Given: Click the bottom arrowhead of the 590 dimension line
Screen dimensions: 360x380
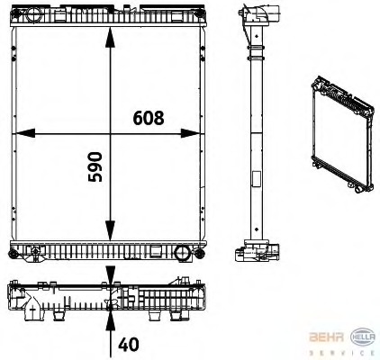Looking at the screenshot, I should click(109, 232).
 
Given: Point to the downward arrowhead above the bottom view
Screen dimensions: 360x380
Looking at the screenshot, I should click(109, 275).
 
